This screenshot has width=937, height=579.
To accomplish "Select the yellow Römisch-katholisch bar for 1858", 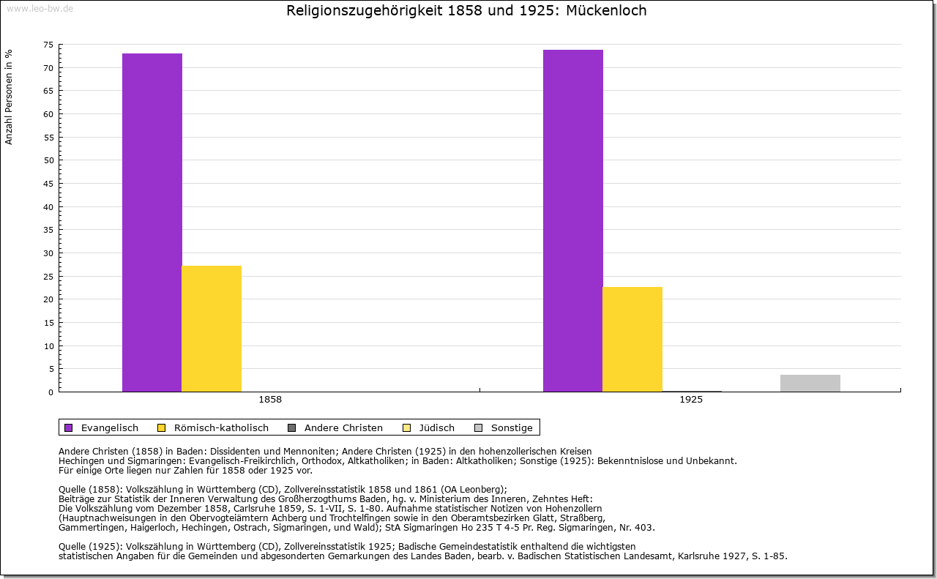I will (x=212, y=329).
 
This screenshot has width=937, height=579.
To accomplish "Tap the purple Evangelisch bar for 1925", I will (x=573, y=220).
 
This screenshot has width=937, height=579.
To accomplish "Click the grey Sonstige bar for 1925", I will (x=810, y=384).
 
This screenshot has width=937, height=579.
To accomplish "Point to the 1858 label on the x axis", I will (x=270, y=400).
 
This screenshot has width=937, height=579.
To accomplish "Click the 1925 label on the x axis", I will (x=691, y=400).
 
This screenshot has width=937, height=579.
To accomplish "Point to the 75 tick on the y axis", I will (x=48, y=45).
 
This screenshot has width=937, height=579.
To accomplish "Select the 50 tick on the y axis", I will (x=48, y=160).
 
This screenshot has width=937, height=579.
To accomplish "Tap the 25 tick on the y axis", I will (x=48, y=276).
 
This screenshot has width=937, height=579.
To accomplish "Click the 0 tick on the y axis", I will (x=51, y=392).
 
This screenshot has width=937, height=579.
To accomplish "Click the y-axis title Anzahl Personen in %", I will (x=9, y=97).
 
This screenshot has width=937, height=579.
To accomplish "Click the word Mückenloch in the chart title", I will (x=606, y=11).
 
